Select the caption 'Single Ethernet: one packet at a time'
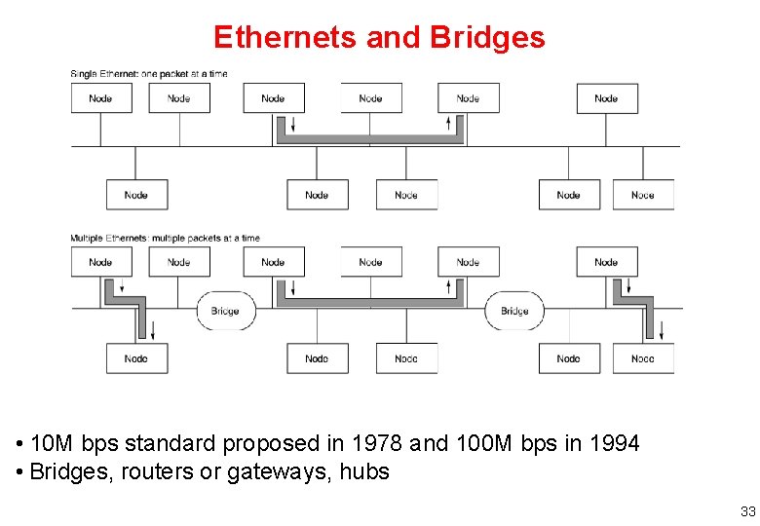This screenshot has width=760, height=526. [x=149, y=74]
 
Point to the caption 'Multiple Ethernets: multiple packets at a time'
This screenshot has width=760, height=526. [x=165, y=238]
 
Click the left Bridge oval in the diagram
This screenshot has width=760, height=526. [x=225, y=311]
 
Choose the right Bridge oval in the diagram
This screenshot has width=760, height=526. [x=514, y=311]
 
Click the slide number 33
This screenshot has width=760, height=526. [x=747, y=511]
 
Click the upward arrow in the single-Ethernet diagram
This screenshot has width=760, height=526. [x=449, y=124]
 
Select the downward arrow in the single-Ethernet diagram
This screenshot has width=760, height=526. [x=291, y=126]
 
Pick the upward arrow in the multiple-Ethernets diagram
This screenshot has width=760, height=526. [x=449, y=287]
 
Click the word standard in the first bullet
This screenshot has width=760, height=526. [x=171, y=444]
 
